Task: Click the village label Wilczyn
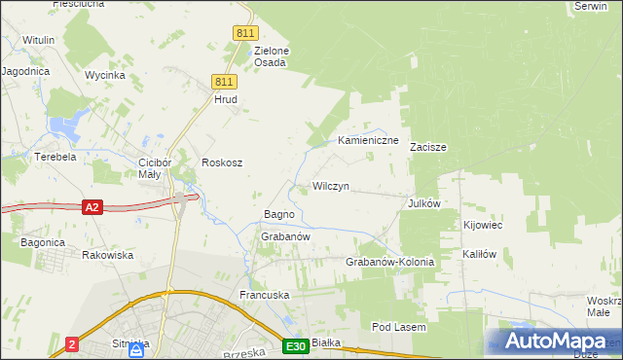point(330,186)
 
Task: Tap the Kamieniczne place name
point(369,141)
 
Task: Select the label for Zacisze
point(427,148)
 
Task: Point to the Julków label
point(425,204)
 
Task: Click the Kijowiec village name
point(483,225)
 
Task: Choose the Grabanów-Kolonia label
point(389,263)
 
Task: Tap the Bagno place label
point(279,214)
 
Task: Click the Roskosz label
point(221,162)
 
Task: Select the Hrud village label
point(226,99)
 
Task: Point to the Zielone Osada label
point(271,56)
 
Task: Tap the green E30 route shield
point(297,346)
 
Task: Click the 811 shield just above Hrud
point(225,82)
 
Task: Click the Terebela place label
point(55,157)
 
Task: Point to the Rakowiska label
point(108,255)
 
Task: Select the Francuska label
point(266,294)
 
